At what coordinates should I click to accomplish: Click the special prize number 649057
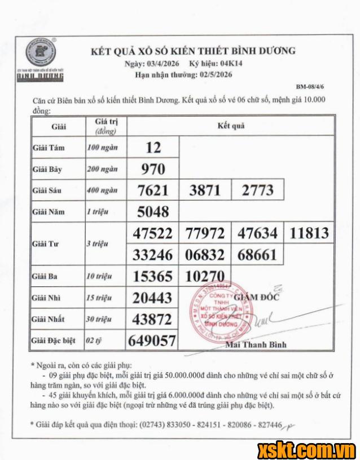(x=152, y=340)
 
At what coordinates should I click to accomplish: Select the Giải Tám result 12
(x=153, y=148)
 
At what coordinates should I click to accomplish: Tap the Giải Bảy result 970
(x=153, y=169)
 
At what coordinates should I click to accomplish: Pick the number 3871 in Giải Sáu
(x=205, y=191)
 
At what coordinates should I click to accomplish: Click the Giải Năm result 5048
(x=153, y=212)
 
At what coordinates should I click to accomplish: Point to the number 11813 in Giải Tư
(x=309, y=233)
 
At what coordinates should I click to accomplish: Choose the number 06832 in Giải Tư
(x=205, y=255)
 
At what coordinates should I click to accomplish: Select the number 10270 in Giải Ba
(x=205, y=277)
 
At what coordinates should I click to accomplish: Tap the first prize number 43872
(x=152, y=319)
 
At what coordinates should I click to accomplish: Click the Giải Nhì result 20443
(x=152, y=298)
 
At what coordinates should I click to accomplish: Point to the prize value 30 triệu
(x=99, y=320)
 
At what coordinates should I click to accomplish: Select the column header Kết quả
(x=231, y=126)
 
